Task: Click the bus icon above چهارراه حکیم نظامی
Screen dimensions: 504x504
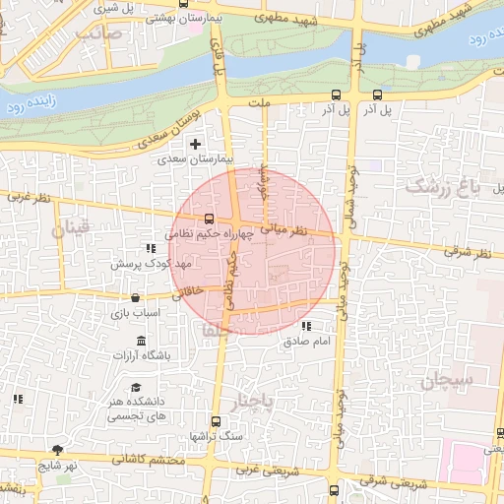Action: click(x=208, y=220)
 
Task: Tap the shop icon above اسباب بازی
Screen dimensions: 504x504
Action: click(x=135, y=297)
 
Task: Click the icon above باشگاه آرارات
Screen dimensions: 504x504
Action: click(x=143, y=341)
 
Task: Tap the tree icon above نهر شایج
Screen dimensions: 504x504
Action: click(x=59, y=450)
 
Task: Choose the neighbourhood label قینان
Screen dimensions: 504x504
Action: click(x=70, y=230)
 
